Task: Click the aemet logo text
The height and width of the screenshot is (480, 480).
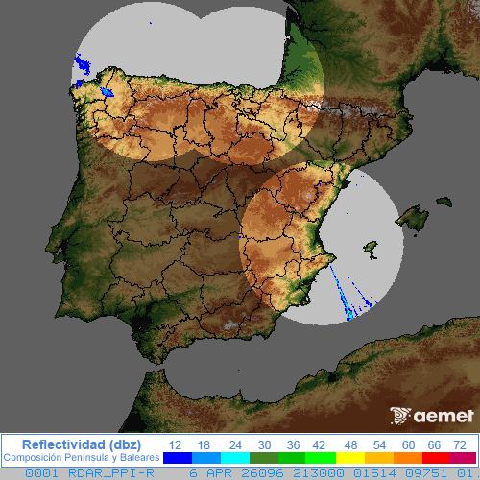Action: point(444,417)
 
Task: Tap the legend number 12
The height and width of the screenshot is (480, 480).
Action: point(176,444)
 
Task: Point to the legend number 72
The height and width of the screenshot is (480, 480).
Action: point(461,444)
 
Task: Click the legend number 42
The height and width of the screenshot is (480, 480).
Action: point(319,444)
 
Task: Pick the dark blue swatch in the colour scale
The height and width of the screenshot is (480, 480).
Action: point(178,458)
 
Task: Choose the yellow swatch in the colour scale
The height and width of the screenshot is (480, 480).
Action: point(350,458)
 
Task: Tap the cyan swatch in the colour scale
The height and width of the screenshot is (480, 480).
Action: point(235,458)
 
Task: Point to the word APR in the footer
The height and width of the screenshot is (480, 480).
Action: point(217,473)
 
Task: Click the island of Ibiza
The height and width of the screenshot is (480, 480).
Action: point(368,252)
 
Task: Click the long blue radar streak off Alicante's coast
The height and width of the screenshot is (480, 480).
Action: point(341,288)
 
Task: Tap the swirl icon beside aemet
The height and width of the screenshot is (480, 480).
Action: point(400,416)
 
